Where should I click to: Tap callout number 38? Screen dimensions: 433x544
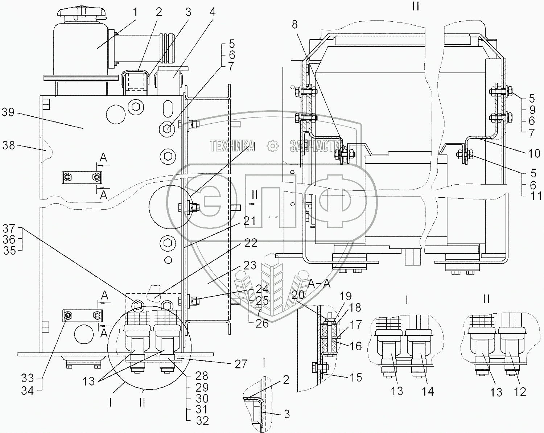(9, 145)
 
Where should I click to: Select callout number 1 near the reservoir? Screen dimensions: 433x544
(135, 12)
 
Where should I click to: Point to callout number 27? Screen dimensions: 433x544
(240, 363)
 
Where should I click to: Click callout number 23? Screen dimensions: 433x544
(250, 265)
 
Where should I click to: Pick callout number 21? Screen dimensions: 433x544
(250, 220)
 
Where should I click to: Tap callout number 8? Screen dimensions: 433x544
(294, 24)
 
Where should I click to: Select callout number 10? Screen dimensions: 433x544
(534, 153)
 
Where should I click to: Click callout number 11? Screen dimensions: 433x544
(536, 196)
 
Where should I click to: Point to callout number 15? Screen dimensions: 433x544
(356, 377)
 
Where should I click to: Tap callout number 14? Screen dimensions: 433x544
(428, 391)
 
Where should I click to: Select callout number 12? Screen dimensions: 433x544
(520, 391)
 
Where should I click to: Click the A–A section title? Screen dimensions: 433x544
(320, 284)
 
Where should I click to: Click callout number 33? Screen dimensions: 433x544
(28, 378)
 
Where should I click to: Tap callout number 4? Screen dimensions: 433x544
(212, 12)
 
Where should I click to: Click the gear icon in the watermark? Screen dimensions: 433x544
(272, 146)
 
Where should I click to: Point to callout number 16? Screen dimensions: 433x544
(356, 346)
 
